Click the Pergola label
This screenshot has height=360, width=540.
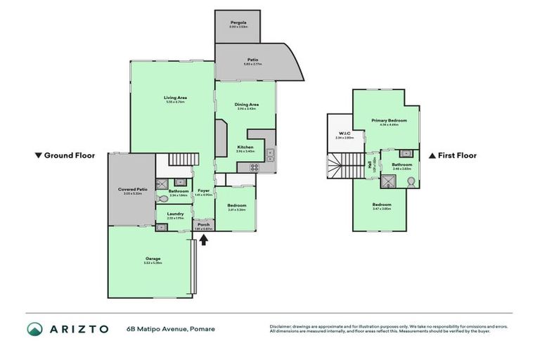pyautogui.click(x=237, y=22)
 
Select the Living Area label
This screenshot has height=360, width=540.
pyautogui.click(x=175, y=98)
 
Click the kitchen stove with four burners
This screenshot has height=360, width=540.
pyautogui.click(x=254, y=167)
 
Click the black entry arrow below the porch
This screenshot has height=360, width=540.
pyautogui.click(x=204, y=239)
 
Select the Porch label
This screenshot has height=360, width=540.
pyautogui.click(x=203, y=224)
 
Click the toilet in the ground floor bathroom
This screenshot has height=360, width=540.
pyautogui.click(x=164, y=199)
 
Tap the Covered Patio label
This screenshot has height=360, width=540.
pyautogui.click(x=132, y=189)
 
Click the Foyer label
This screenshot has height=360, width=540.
pyautogui.click(x=204, y=191)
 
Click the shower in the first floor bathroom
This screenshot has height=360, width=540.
pyautogui.click(x=387, y=180)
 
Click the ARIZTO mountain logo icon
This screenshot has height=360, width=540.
pyautogui.click(x=34, y=328)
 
